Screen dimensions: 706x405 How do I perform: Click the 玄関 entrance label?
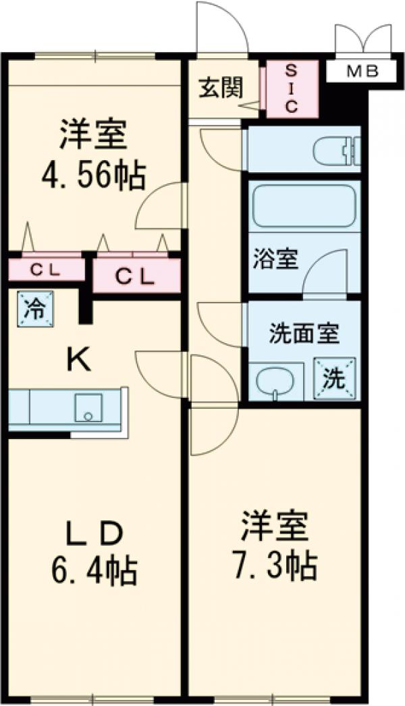[221, 88]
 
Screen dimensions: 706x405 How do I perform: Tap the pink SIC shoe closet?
[290, 90]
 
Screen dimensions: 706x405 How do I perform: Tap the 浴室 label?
[275, 260]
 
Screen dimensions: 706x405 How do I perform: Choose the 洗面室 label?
[304, 333]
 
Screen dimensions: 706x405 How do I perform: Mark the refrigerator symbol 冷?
[32, 309]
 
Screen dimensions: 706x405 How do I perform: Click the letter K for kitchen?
[79, 361]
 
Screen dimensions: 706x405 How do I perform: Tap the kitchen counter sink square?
[88, 408]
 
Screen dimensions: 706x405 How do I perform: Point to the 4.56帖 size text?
[92, 177]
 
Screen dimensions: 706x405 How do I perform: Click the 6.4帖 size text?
[95, 572]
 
